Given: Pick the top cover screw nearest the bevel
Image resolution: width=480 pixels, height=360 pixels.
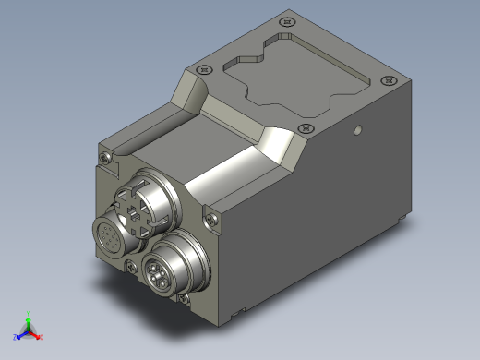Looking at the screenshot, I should (x=306, y=129).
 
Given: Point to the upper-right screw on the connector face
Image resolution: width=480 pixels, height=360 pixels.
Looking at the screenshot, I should (x=213, y=219).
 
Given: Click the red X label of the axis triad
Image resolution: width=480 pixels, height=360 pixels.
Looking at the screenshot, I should (x=40, y=335).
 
